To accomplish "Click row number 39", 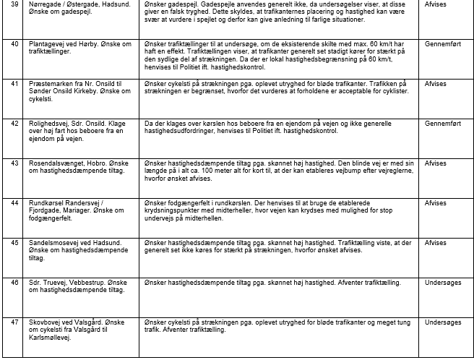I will click(x=14, y=4).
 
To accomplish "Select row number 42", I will click(x=14, y=124).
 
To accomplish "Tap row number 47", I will click(x=14, y=320).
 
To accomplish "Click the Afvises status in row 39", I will click(x=436, y=4).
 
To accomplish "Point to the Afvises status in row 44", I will click(x=436, y=203).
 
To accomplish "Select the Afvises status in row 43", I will click(x=436, y=163).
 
